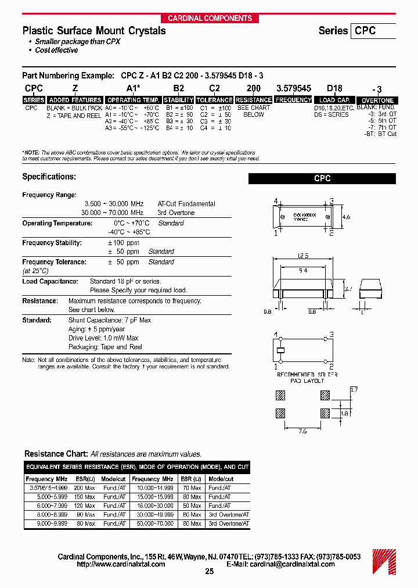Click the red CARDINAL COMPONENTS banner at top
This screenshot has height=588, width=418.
tap(210, 18)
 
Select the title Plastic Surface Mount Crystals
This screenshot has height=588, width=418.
tap(94, 31)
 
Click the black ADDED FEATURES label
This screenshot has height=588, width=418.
tap(75, 100)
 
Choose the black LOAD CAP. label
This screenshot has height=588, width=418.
tap(334, 100)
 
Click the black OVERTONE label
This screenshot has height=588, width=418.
tap(377, 101)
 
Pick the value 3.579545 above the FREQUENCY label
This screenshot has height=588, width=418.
tap(293, 88)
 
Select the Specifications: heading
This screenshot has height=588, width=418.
tap(49, 177)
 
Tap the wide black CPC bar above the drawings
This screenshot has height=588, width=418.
tap(322, 179)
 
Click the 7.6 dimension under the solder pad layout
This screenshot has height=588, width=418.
tap(303, 431)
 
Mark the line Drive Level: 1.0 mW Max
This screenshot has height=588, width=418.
tap(103, 338)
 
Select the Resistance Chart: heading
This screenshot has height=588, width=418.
tap(56, 454)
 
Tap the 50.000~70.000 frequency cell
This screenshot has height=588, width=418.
tap(152, 524)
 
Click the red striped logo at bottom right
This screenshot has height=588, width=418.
tap(384, 560)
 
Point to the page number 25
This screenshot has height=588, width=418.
tap(210, 572)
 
